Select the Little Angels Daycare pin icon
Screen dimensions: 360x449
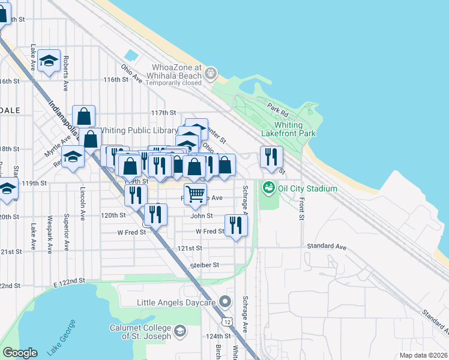[x=225, y=301]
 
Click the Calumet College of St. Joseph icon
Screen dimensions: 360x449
[x=179, y=331]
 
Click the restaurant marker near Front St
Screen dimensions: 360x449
[x=271, y=157]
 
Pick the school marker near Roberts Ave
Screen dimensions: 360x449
[x=49, y=60]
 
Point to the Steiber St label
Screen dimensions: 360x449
[x=204, y=264]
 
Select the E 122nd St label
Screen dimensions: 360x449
[x=67, y=281]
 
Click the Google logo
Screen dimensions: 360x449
[x=20, y=353]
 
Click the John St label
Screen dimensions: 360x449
[x=202, y=215]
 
